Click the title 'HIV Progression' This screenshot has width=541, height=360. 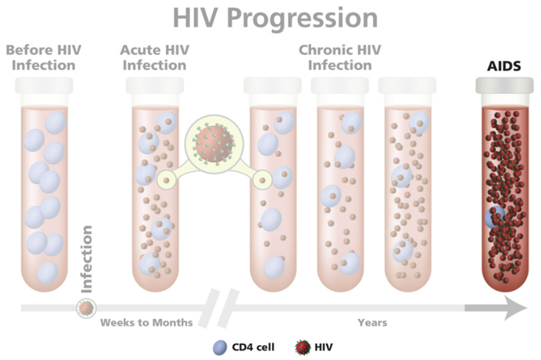275,18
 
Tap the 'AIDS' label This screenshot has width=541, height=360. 504,66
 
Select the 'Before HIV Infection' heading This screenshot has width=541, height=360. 44,58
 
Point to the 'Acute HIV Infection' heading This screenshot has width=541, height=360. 154,58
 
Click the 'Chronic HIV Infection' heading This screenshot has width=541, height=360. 340,58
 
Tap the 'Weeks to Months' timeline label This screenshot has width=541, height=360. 146,323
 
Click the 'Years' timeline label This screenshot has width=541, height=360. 372,323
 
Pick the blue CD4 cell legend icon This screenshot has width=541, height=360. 220,347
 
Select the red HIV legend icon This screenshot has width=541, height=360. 302,347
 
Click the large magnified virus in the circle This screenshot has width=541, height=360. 214,144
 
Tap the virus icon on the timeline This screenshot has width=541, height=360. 86,308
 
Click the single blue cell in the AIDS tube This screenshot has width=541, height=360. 494,217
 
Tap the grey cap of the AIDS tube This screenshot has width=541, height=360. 505,86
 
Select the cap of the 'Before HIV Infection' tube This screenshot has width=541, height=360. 44,85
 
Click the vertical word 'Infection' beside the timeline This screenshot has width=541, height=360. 86,259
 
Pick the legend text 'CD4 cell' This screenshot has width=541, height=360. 254,347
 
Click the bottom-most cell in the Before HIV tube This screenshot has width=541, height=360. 48,273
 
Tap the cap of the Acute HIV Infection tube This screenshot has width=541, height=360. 154,85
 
